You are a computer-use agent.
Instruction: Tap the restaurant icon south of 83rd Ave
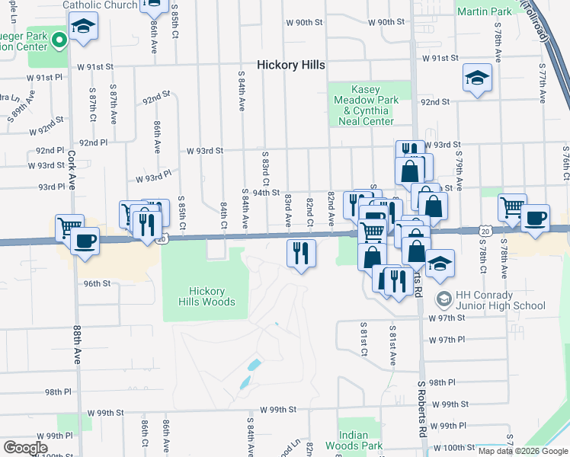pyautogui.click(x=301, y=252)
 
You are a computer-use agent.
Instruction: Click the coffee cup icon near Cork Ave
pyautogui.click(x=85, y=241)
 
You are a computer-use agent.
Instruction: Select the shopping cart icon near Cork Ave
pyautogui.click(x=69, y=227)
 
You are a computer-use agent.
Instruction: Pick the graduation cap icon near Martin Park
pyautogui.click(x=477, y=77)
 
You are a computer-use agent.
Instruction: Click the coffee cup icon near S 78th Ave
pyautogui.click(x=535, y=218)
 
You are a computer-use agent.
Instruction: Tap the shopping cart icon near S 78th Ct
pyautogui.click(x=512, y=206)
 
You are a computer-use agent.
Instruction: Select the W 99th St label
pyautogui.click(x=277, y=410)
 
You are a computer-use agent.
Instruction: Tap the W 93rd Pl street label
pyautogui.click(x=154, y=177)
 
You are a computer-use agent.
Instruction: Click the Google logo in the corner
pyautogui.click(x=25, y=448)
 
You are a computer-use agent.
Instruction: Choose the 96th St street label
pyautogui.click(x=97, y=283)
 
